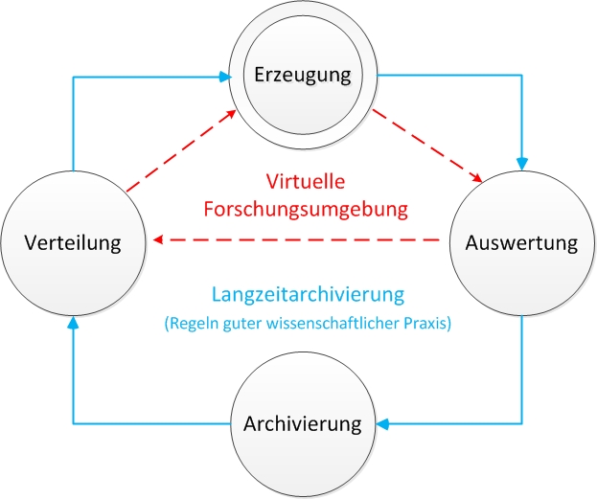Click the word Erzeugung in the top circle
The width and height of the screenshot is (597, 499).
(x=303, y=75)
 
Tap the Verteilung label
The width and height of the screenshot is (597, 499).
(x=73, y=242)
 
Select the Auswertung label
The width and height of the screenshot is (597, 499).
(x=521, y=242)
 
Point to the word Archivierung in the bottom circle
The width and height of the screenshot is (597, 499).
(x=303, y=423)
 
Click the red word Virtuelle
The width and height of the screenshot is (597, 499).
(x=306, y=181)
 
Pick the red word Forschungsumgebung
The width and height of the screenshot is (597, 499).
(x=306, y=210)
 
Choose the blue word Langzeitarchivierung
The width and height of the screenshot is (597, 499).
(x=308, y=295)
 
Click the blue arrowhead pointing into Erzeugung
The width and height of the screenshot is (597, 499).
(x=225, y=77)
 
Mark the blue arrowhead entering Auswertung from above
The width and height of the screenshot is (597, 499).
(x=522, y=164)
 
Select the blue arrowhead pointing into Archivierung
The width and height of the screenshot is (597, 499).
(x=382, y=423)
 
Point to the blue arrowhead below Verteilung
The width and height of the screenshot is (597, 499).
(x=73, y=323)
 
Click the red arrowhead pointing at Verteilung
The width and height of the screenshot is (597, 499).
(x=158, y=239)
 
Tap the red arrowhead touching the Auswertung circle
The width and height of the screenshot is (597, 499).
(x=476, y=177)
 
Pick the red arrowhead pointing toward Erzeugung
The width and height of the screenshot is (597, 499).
(x=231, y=114)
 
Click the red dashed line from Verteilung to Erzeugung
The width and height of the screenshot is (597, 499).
(x=181, y=150)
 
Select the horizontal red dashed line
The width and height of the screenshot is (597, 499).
(x=296, y=239)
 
